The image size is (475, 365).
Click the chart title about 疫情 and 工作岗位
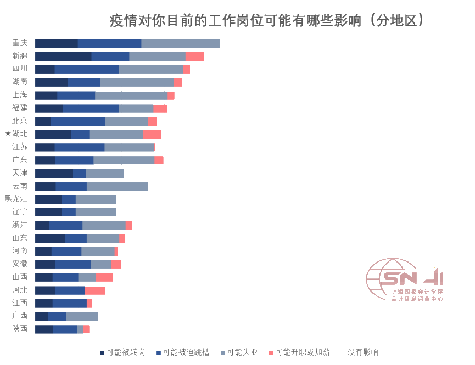pyautogui.click(x=267, y=21)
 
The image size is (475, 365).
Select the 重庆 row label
pyautogui.click(x=20, y=43)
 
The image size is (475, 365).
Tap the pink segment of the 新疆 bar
pyautogui.click(x=194, y=56)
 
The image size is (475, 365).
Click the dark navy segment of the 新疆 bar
pyautogui.click(x=63, y=56)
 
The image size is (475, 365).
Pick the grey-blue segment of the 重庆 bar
pyautogui.click(x=180, y=43)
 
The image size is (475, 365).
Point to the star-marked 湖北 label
pyautogui.click(x=16, y=134)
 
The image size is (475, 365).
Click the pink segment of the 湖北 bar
pyautogui.click(x=152, y=134)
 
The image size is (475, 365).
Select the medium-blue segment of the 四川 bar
pyautogui.click(x=87, y=69)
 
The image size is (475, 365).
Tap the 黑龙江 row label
pyautogui.click(x=16, y=198)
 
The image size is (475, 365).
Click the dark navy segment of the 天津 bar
pyautogui.click(x=54, y=173)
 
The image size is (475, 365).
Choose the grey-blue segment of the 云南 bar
pyautogui.click(x=117, y=186)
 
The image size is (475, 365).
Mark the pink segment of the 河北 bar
pyautogui.click(x=95, y=290)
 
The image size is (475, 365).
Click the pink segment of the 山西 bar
pyautogui.click(x=104, y=277)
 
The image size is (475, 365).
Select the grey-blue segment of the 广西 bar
pyautogui.click(x=82, y=316)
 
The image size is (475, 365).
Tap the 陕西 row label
pyautogui.click(x=20, y=329)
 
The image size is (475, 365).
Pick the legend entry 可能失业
pyautogui.click(x=239, y=352)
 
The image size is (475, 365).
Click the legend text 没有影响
pyautogui.click(x=363, y=352)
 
